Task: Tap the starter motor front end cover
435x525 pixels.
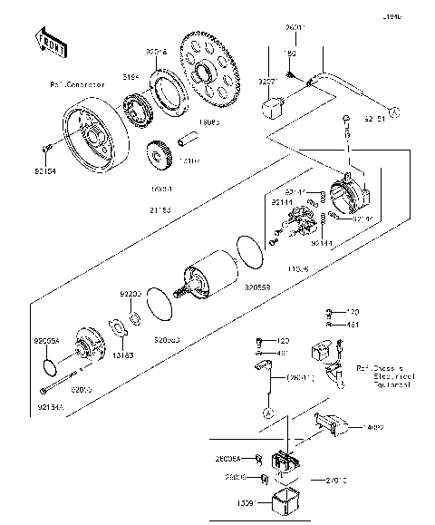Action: tap(90, 345)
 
